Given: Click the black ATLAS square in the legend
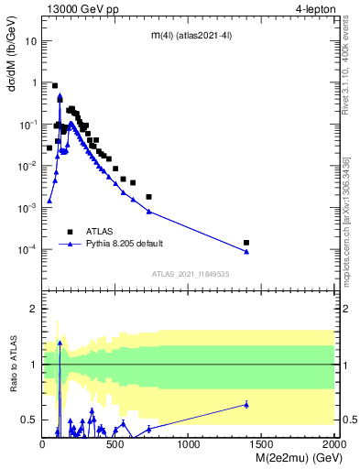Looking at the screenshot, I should (71, 231).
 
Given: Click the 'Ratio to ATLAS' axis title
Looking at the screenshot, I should (13, 364).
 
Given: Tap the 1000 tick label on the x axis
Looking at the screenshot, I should (189, 444).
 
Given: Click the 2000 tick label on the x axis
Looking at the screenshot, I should (334, 444).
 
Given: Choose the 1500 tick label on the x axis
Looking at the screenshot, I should (262, 444).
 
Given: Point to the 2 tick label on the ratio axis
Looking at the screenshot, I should (33, 309).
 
